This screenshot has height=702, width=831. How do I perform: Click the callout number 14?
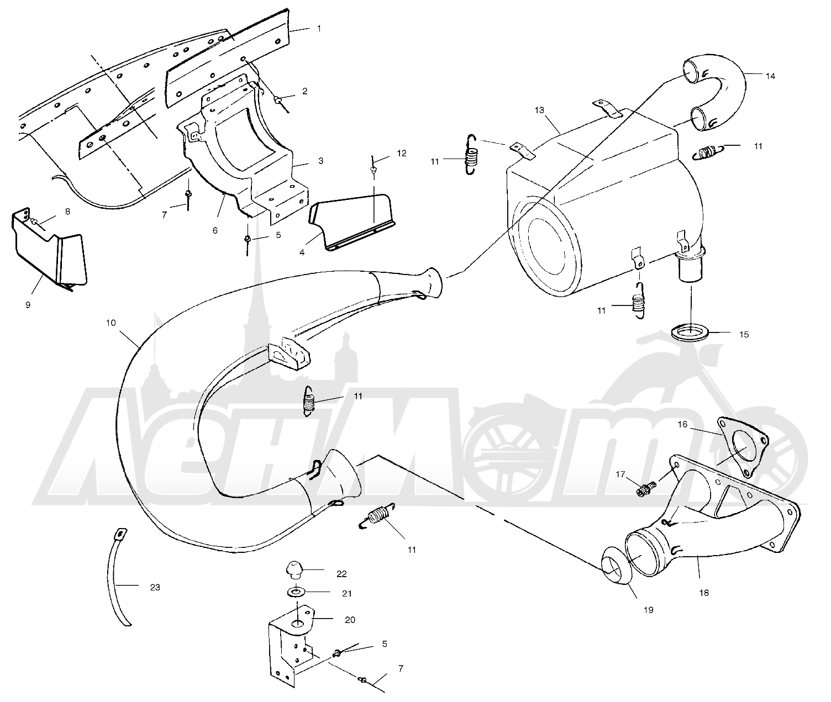(771, 76)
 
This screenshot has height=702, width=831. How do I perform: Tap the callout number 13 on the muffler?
(539, 110)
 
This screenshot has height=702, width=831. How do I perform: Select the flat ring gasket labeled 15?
(690, 332)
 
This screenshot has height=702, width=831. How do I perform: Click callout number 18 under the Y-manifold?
(704, 593)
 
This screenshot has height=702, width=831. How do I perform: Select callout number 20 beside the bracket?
(350, 620)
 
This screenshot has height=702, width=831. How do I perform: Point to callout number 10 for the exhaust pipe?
(111, 323)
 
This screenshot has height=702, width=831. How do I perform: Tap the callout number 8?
(67, 212)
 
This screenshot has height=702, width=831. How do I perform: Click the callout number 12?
(402, 153)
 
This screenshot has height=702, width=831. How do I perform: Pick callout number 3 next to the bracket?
(320, 161)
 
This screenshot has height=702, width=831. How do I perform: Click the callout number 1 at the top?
(319, 28)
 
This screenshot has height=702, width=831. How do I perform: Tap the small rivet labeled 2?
(277, 98)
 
